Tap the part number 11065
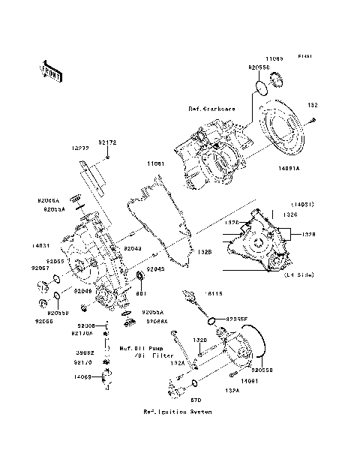tap(274, 57)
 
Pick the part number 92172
tap(107, 142)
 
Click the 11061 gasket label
tap(155, 163)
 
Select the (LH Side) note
tap(299, 275)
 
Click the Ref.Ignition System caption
tap(178, 412)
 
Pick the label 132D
tap(200, 340)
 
